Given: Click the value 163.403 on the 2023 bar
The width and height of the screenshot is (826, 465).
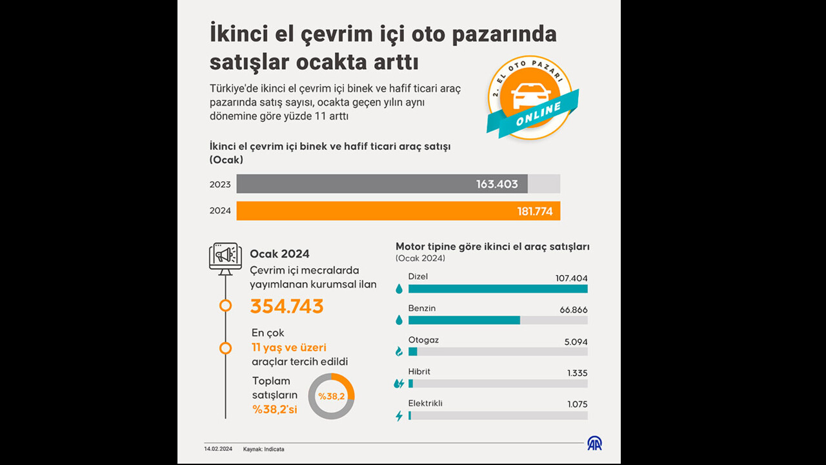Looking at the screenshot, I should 497,184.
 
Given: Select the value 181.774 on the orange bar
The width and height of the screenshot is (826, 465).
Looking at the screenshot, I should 534,211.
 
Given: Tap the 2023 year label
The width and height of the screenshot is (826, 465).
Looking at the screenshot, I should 219,185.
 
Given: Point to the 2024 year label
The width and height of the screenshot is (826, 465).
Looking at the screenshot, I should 219,211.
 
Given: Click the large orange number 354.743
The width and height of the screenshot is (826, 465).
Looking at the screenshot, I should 287,306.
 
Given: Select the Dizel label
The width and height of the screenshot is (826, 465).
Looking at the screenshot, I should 418,276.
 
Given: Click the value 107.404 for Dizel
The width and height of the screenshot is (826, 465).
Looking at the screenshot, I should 571,278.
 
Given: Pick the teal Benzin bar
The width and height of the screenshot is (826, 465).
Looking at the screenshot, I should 464,320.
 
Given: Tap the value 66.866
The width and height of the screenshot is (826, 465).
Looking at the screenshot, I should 573,310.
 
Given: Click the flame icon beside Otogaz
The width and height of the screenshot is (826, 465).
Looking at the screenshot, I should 399,351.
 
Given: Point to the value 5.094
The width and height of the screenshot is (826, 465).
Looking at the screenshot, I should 576,342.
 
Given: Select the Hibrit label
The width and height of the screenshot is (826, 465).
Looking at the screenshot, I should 419,371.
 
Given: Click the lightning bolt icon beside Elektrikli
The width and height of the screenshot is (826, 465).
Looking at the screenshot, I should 399,416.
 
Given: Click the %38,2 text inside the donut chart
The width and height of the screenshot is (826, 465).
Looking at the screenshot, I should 331,396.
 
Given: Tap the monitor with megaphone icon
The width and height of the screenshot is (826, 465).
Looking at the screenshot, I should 225,257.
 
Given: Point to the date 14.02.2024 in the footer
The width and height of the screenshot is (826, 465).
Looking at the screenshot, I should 219,449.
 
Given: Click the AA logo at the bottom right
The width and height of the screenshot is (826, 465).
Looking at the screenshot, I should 594,444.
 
